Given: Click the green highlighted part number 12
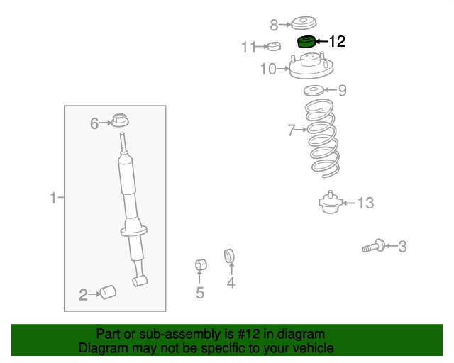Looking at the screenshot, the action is click(306, 42).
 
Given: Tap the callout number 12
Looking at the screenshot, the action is click(338, 41).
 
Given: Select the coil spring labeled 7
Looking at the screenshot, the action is click(322, 138).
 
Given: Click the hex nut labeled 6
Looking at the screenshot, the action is click(120, 120).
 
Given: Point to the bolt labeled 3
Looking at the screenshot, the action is click(374, 246).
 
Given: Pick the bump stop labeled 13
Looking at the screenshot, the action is click(331, 202).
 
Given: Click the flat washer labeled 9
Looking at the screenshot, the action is click(314, 91).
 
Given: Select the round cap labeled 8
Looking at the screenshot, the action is click(304, 23).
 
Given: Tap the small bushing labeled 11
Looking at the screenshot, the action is click(274, 46).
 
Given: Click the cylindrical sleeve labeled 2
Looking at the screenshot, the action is click(108, 292).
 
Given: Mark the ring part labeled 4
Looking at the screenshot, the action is click(229, 256).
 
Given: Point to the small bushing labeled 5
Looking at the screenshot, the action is click(201, 264).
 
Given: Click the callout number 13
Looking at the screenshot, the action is click(366, 203).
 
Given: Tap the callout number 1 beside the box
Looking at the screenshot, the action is click(53, 198).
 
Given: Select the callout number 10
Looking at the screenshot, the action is click(268, 69).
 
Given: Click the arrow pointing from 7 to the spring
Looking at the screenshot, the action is click(301, 130).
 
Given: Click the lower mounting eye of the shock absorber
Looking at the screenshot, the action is click(140, 281).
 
